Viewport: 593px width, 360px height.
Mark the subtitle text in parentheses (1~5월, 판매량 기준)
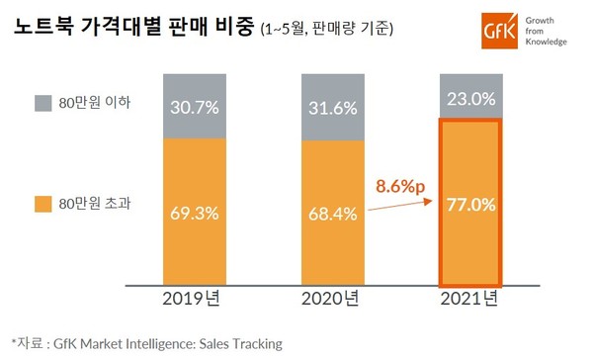point(327,30)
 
